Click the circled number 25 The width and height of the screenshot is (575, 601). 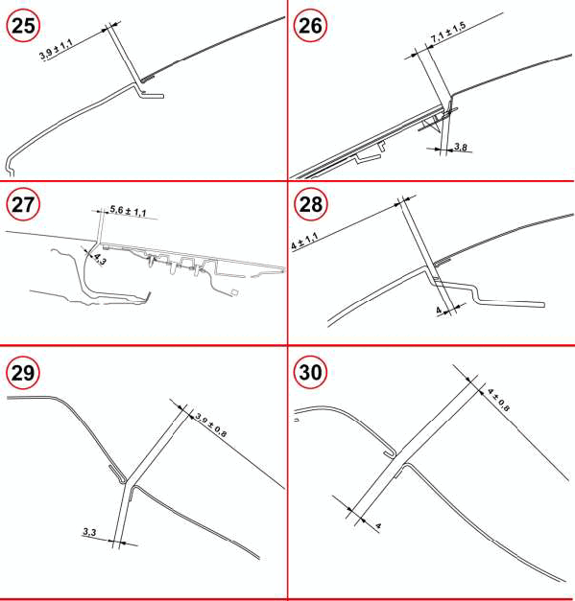[23, 25]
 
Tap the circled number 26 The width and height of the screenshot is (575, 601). [310, 25]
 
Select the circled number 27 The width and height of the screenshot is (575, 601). [23, 204]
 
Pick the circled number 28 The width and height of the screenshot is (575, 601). [310, 204]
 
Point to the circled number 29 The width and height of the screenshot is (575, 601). [23, 372]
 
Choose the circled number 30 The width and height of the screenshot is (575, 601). [310, 372]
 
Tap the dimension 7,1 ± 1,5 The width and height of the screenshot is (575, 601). [448, 33]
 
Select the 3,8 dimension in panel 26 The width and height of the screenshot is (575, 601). [460, 147]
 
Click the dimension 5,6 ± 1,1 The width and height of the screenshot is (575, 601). [129, 211]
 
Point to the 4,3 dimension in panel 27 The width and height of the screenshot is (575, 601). [100, 260]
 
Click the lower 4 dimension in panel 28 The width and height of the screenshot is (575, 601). [439, 310]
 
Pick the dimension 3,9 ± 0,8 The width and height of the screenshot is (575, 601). [211, 425]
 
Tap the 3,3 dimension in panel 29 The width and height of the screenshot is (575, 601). [90, 532]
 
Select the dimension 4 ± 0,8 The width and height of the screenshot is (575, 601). [498, 400]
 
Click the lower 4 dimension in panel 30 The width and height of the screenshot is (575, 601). [378, 526]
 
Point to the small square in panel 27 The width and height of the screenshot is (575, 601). [235, 292]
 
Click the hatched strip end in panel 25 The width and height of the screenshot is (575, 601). [148, 79]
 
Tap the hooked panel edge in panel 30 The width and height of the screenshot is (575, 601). [391, 452]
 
